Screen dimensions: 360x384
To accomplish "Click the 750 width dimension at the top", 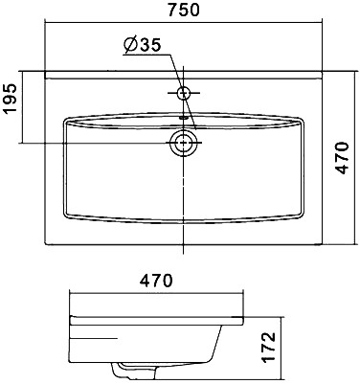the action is pos(184,10).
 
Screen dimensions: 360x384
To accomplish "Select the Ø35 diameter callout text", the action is pos(143,46).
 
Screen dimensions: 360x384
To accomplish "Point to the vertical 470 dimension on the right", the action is pos(343,158).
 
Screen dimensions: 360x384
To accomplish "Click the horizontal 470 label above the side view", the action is pos(157,281).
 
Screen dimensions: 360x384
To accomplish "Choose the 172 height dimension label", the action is pos(267,348).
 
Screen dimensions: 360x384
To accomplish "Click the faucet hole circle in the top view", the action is pos(184,93).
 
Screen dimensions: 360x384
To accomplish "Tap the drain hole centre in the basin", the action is pos(183,143).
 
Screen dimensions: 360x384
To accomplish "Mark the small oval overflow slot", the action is pos(184,117).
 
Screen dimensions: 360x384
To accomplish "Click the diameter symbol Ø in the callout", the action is pos(131,46).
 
